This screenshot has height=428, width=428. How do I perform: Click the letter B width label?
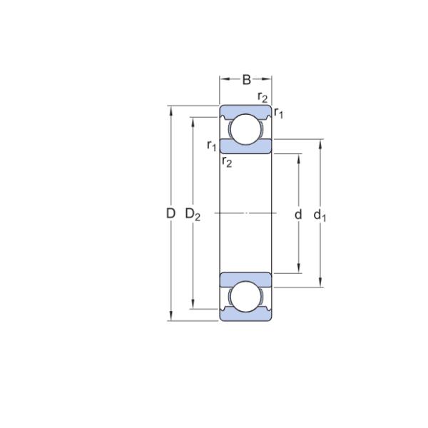tap(247, 80)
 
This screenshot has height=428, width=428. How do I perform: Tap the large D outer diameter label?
tap(170, 213)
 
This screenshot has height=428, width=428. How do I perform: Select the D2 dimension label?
tap(193, 214)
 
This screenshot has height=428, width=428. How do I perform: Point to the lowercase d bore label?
tap(298, 214)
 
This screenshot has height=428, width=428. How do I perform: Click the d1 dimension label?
tap(320, 215)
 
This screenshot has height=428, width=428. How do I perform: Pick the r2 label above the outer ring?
tap(263, 98)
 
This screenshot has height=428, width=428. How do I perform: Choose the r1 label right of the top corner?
tap(279, 113)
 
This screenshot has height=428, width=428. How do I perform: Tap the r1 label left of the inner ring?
tap(212, 146)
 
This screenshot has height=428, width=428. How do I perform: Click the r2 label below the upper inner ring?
tap(227, 162)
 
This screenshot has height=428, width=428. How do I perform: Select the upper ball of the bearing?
tap(246, 129)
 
